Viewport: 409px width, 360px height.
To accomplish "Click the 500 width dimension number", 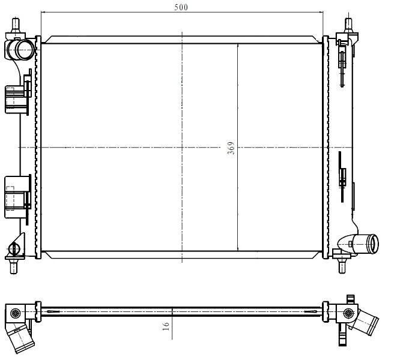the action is pyautogui.click(x=181, y=7).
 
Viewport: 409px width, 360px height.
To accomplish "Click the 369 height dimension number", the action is pyautogui.click(x=231, y=148).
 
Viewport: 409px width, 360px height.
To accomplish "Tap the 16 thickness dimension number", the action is pyautogui.click(x=166, y=326).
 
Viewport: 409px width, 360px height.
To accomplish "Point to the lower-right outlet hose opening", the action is pyautogui.click(x=372, y=244).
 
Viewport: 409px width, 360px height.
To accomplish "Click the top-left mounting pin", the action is pyautogui.click(x=16, y=25).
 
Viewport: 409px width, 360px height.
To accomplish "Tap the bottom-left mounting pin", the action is pyautogui.click(x=14, y=266).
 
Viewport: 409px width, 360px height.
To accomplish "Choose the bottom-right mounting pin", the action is pyautogui.click(x=342, y=265).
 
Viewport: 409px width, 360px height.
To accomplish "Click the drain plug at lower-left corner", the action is pyautogui.click(x=14, y=248).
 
